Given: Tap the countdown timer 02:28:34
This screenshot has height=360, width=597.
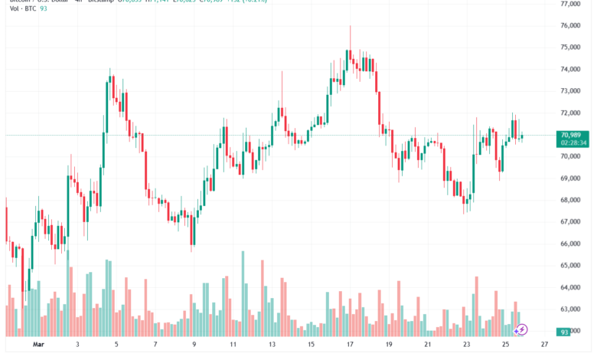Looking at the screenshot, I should pos(573,142).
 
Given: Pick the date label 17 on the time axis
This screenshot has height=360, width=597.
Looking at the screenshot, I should pos(348,345).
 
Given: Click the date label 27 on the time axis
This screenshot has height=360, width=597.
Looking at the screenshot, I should pos(543,345).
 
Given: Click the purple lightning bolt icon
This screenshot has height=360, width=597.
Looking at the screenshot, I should pos(521,330).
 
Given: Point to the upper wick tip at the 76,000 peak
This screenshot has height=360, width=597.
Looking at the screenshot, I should pos(350,26).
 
